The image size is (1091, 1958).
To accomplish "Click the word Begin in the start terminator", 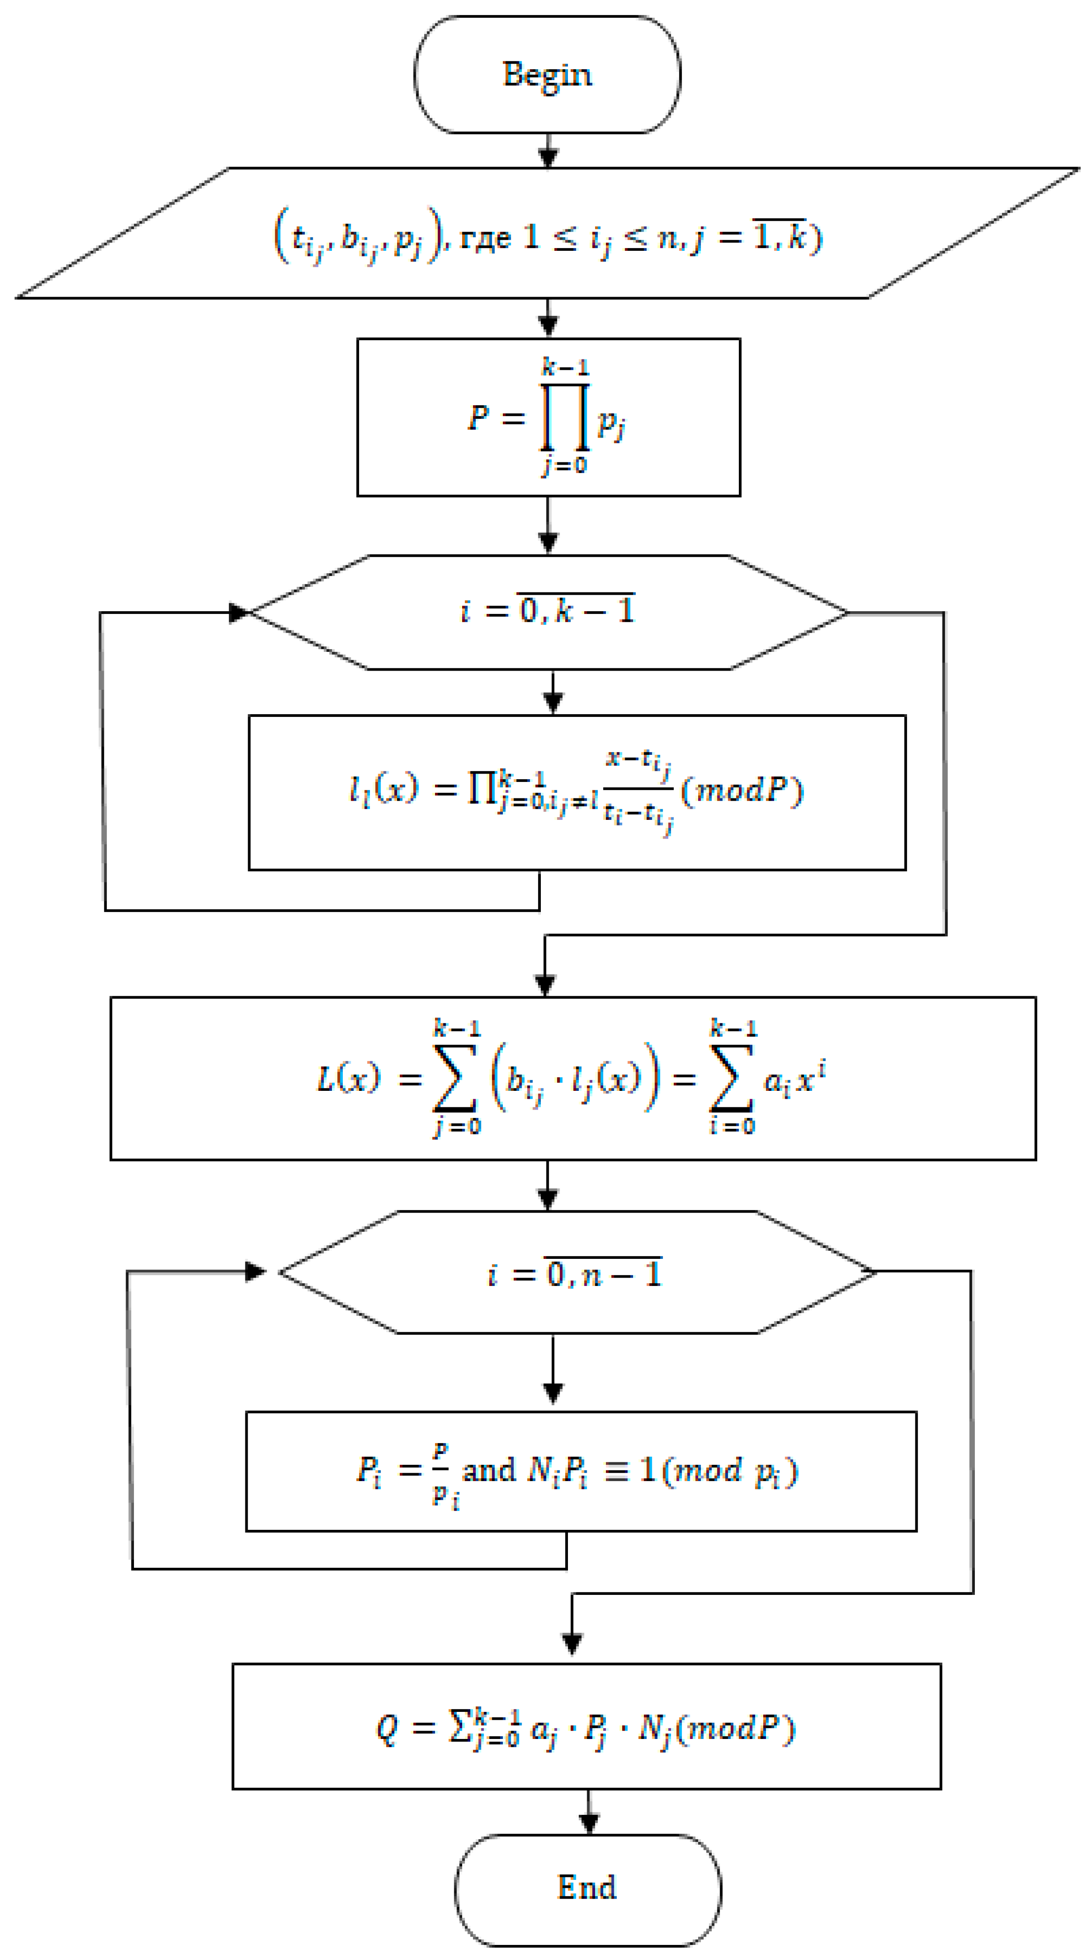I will click(x=546, y=74).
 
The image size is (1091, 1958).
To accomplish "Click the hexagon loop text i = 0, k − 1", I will click(x=547, y=610).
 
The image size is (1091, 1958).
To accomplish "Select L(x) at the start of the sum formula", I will click(x=347, y=1078).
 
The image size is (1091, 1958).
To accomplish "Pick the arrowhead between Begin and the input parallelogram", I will click(x=548, y=157).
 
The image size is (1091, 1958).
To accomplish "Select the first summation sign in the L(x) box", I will click(x=455, y=1078).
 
